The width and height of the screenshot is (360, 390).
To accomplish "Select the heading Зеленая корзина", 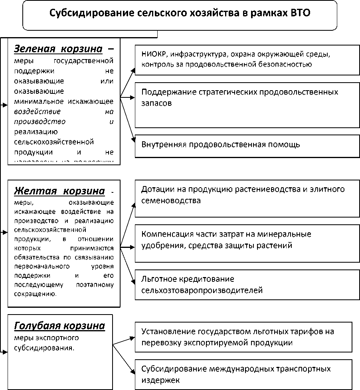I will pyautogui.click(x=58, y=49).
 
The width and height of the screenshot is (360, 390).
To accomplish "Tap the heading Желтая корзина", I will pyautogui.click(x=59, y=191).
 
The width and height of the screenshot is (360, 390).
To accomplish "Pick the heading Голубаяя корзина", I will pyautogui.click(x=59, y=326).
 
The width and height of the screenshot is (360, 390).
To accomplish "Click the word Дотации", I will pyautogui.click(x=156, y=189).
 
